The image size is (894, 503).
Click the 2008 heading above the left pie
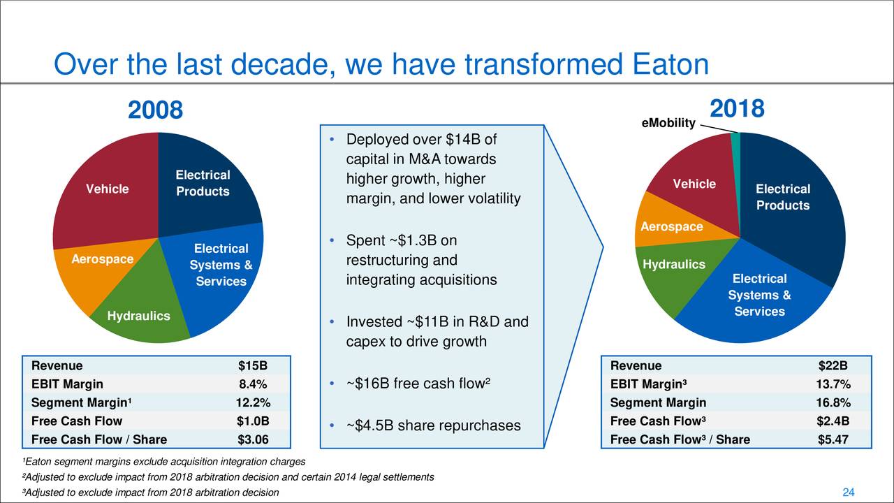pos(155,110)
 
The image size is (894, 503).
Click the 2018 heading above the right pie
pos(737,109)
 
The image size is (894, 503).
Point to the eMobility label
pos(668,124)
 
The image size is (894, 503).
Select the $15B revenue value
pos(252,366)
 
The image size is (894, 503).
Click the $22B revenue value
pos(833,366)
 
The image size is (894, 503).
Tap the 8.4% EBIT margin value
pos(252,384)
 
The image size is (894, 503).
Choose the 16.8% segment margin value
pos(833,402)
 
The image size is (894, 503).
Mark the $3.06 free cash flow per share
pos(252,439)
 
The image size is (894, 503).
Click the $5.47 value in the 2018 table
pos(833,439)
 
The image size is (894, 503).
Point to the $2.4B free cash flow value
pos(833,421)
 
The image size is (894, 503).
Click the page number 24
pos(849,493)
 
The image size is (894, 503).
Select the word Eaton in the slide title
pos(670,66)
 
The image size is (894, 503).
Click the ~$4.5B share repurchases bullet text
pos(433,425)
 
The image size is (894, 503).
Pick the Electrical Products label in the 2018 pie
pos(782,197)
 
